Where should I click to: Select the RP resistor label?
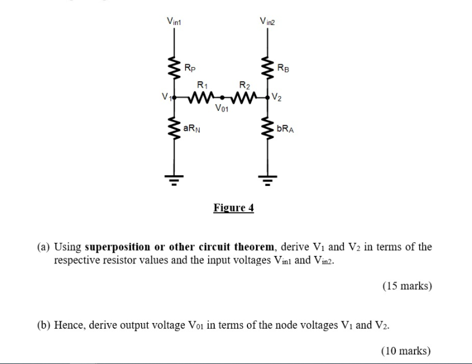(x=191, y=68)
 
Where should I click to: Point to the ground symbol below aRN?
(x=174, y=180)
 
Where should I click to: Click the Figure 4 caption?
(x=234, y=208)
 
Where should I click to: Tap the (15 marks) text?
(x=407, y=286)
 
